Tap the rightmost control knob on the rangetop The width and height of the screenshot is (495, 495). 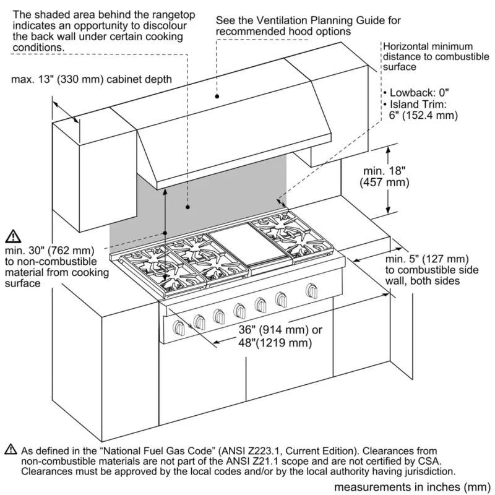310,290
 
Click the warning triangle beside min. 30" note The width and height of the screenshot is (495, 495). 13,236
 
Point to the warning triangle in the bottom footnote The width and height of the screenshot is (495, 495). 11,449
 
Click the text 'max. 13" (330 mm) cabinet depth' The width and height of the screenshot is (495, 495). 92,79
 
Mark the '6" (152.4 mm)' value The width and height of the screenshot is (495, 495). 424,115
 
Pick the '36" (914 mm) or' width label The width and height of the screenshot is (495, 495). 273,330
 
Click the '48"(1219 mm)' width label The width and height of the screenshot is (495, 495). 273,343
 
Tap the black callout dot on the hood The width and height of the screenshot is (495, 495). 217,96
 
